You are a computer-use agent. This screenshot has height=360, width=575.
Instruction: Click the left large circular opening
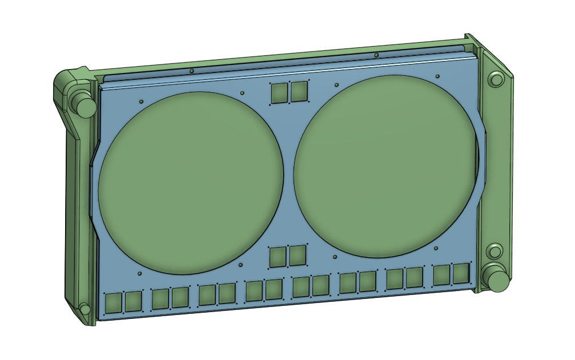(191, 181)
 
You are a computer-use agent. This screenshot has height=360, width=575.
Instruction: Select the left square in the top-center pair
(279, 92)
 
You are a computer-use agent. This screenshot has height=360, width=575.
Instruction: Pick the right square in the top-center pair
(299, 91)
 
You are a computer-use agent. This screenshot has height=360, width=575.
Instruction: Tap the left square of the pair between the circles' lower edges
(278, 257)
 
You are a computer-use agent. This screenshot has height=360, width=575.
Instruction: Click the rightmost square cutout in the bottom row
(461, 273)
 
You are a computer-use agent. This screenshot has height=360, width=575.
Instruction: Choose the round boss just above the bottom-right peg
(494, 252)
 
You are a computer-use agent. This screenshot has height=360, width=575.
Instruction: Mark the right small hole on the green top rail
(376, 55)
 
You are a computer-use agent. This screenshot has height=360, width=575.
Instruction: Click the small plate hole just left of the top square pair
(243, 92)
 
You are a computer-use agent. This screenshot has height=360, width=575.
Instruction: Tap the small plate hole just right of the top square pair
(336, 85)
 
